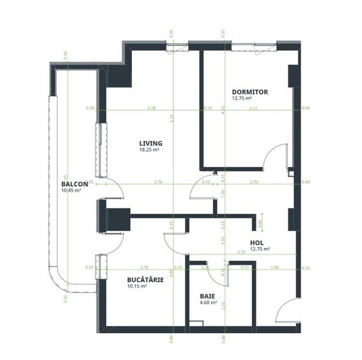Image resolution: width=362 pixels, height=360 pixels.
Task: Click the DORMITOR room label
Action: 249,92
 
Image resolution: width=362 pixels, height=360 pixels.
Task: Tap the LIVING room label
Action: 151,143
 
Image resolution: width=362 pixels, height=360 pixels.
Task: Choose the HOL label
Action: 258,242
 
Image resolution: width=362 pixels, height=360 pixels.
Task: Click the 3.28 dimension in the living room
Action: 151,108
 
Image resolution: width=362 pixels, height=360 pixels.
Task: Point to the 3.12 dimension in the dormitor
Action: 253,108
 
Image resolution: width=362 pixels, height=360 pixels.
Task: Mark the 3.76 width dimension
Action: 158,182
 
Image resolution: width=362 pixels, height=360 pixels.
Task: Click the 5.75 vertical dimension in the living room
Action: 172,118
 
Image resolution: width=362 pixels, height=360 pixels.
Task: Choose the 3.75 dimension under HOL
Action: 240,253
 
